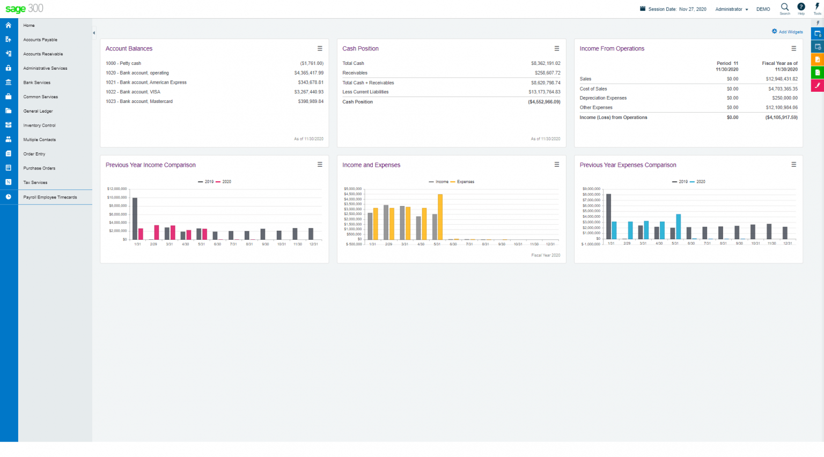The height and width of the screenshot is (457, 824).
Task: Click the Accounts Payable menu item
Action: (x=40, y=40)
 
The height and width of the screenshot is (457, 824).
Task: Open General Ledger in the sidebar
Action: (x=38, y=111)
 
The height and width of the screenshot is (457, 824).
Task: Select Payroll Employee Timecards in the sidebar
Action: (x=50, y=197)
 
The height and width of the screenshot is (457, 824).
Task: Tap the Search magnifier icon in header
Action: (x=785, y=8)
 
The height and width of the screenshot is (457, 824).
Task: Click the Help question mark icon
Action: (x=801, y=7)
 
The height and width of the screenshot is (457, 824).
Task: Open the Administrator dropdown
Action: (x=731, y=9)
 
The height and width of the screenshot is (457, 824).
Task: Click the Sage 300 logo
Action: (x=24, y=9)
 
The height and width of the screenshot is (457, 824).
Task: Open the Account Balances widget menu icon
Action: (x=320, y=48)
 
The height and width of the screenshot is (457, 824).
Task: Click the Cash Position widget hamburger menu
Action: (x=557, y=48)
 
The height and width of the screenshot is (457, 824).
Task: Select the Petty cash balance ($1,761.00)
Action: (x=312, y=63)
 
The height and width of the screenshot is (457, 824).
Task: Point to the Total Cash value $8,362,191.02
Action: (x=546, y=63)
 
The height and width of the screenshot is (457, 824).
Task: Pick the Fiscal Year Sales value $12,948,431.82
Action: (x=782, y=79)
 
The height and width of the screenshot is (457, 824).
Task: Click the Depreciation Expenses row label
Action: (x=603, y=98)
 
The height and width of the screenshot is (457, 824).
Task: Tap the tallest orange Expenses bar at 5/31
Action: (x=440, y=217)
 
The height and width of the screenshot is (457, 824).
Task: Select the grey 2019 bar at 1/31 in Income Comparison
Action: (x=135, y=219)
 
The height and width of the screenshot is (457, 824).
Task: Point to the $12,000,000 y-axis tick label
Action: (x=117, y=189)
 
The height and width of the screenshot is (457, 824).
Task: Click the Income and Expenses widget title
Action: (x=371, y=165)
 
